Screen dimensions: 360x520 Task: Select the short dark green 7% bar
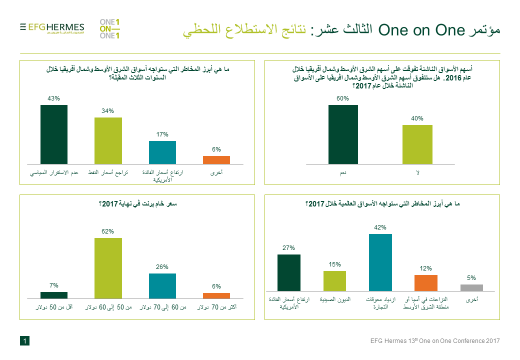53,294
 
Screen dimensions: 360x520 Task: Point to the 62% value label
107,232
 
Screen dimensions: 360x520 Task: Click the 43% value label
53,99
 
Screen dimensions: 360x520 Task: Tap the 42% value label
379,228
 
